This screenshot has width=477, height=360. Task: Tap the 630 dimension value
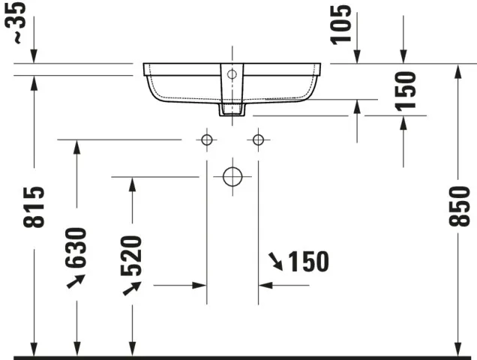(76, 247)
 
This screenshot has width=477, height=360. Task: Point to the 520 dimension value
(131, 256)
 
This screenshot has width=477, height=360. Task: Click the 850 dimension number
(458, 204)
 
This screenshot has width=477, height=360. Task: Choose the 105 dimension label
(343, 25)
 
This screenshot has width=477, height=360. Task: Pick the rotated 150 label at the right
(405, 91)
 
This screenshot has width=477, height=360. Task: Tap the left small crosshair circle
(206, 139)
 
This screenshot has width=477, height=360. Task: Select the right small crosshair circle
(258, 139)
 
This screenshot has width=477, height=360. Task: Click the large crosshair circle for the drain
(232, 177)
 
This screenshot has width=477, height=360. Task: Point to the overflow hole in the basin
(232, 74)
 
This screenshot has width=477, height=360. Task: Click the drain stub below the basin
(232, 109)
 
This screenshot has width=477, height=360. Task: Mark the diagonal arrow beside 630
(75, 281)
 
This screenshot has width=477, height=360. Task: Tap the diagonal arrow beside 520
(132, 289)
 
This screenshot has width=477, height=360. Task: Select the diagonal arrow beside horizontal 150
(276, 262)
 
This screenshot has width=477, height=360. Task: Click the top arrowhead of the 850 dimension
(458, 70)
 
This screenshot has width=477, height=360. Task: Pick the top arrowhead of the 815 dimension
(34, 82)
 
